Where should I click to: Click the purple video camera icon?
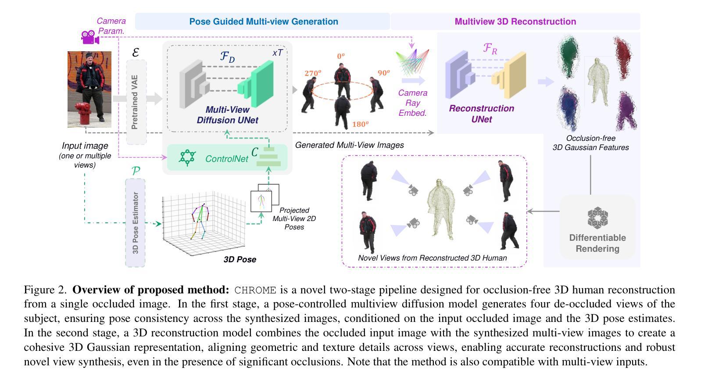(x=90, y=37)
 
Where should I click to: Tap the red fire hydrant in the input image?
(x=82, y=114)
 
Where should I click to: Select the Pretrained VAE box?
(x=136, y=102)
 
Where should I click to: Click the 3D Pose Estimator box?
(x=135, y=222)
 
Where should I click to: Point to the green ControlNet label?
(x=226, y=159)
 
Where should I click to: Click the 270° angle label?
(x=313, y=73)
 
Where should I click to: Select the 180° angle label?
(x=360, y=124)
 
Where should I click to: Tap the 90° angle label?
(x=383, y=73)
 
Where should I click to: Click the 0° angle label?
(x=341, y=56)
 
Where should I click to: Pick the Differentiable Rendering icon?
(x=597, y=218)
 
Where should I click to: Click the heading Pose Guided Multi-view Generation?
(x=263, y=21)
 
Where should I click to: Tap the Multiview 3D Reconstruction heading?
(x=515, y=21)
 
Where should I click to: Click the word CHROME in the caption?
(x=255, y=290)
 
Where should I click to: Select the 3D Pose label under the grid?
(x=240, y=260)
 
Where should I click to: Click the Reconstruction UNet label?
(x=481, y=114)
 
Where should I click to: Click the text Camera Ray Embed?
(x=412, y=103)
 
